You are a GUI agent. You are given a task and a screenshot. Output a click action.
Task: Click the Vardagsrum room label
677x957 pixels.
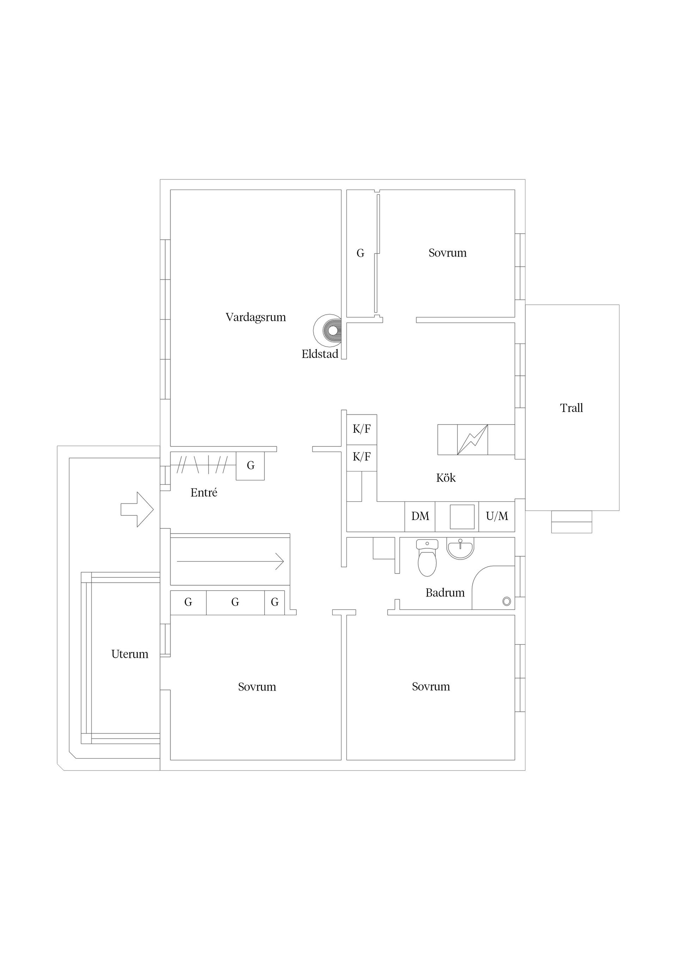tap(256, 317)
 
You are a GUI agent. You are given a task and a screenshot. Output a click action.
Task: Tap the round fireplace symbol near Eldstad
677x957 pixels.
tap(333, 331)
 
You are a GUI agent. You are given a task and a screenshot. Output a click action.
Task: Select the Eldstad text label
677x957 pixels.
tap(319, 354)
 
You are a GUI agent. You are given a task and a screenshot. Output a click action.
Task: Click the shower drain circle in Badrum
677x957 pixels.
tap(507, 601)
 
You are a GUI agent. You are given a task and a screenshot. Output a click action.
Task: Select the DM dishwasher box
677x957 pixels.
tap(420, 517)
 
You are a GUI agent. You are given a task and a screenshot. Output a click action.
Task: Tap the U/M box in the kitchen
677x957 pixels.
tap(497, 517)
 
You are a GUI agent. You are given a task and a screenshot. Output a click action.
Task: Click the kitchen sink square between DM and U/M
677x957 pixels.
tap(462, 517)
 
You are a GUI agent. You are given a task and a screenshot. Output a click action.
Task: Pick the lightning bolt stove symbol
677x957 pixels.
tap(472, 439)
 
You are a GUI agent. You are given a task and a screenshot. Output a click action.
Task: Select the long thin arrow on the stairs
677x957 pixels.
tap(230, 561)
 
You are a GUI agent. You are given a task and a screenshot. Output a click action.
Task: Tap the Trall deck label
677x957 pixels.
tap(572, 408)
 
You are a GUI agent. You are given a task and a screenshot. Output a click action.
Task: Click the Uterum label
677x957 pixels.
tap(130, 654)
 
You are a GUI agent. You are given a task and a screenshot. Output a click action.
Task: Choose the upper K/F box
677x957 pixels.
tap(362, 429)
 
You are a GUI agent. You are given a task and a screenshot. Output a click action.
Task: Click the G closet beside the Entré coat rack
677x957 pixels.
tap(250, 465)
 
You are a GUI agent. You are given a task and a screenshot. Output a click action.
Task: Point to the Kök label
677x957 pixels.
tap(446, 478)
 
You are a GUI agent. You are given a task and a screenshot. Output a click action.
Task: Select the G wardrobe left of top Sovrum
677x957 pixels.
tap(360, 253)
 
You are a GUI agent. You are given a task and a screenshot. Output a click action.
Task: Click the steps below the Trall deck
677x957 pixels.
tap(572, 521)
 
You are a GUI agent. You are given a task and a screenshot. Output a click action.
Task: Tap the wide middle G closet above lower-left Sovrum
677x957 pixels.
tap(235, 602)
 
